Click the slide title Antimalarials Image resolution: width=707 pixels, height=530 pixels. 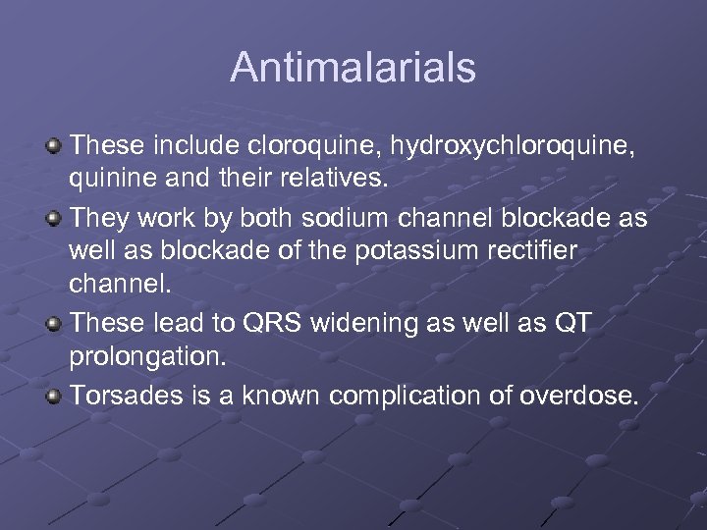(x=353, y=68)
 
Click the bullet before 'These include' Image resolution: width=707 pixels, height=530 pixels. (x=55, y=146)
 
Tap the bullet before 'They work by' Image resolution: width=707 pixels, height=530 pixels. (x=55, y=218)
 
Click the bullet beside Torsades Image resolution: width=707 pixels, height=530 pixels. (x=55, y=397)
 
